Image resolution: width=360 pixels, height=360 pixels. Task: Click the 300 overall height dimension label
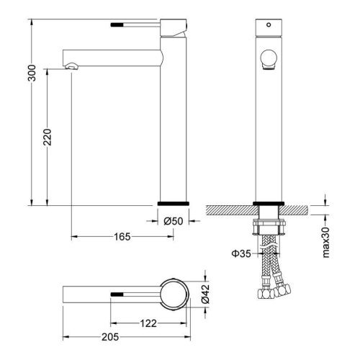pos(32,73)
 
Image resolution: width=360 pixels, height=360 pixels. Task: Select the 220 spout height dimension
pos(48,137)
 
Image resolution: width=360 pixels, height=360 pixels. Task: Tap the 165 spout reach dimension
pos(122,237)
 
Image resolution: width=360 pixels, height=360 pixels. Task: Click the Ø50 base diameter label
pos(174,221)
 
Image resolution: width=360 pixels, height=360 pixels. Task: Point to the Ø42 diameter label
pos(205,294)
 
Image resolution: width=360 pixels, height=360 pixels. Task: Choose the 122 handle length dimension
pos(148,323)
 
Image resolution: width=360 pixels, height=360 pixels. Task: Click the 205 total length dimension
pos(110,337)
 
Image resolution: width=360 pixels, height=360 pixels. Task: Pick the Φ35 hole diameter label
pos(241,253)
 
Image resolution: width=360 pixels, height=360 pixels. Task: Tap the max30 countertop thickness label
pos(326,243)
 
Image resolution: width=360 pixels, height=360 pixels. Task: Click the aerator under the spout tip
pos(71,66)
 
